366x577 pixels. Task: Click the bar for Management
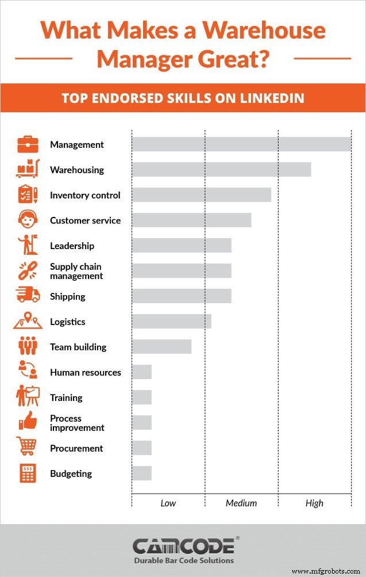tap(241, 144)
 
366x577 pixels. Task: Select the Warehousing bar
tap(221, 170)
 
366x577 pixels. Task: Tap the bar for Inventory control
tap(201, 195)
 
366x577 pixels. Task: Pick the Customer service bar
tap(191, 220)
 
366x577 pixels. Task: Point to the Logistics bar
tap(171, 322)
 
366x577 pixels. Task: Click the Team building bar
tap(161, 347)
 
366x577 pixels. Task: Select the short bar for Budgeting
tap(141, 473)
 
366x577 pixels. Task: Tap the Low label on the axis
tap(168, 503)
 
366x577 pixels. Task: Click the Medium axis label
tap(241, 503)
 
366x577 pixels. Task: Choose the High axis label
tap(314, 503)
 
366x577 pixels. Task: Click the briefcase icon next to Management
tap(28, 144)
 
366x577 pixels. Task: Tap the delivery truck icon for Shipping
tap(28, 296)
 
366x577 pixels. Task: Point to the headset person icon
tap(27, 220)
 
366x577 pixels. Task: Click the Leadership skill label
tap(72, 246)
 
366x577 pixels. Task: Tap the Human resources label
tap(86, 373)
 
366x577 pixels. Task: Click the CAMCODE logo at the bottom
tap(183, 546)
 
